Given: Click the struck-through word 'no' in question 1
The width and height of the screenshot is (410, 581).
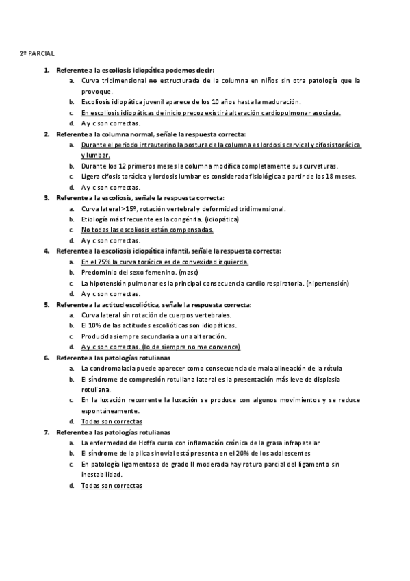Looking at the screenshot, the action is [154, 80].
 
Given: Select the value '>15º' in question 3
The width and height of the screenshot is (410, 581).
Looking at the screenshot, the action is [131, 208].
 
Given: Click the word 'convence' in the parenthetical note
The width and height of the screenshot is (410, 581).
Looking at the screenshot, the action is [225, 347].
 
